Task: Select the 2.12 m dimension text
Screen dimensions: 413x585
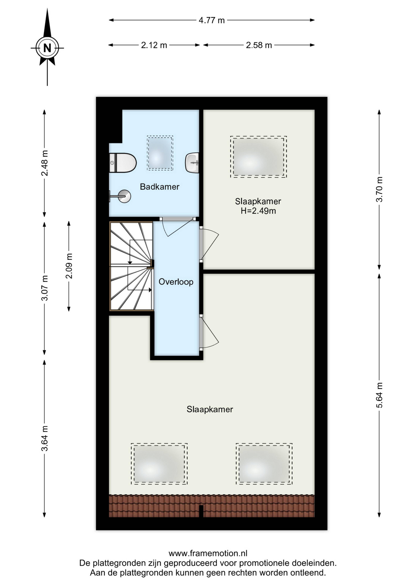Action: pyautogui.click(x=154, y=45)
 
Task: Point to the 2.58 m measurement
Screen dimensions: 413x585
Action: pyautogui.click(x=259, y=45)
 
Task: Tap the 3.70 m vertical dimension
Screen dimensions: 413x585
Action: pyautogui.click(x=379, y=189)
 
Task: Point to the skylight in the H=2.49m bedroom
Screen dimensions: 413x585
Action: pyautogui.click(x=258, y=157)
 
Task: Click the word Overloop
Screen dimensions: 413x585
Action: pyautogui.click(x=176, y=282)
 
